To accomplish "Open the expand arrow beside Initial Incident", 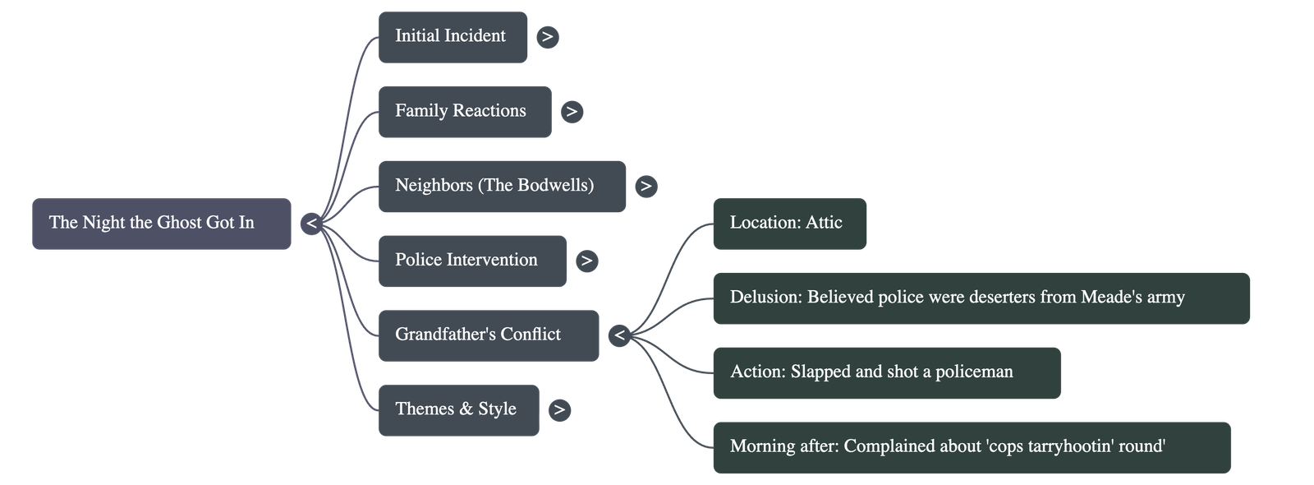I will (x=548, y=36).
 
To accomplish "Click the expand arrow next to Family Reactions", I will (x=572, y=111).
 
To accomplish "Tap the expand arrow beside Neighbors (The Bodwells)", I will (x=646, y=187).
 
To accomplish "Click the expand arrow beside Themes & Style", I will (x=559, y=409).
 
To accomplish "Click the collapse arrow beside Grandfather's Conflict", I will (x=619, y=335).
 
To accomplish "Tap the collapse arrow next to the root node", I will (x=311, y=223).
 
